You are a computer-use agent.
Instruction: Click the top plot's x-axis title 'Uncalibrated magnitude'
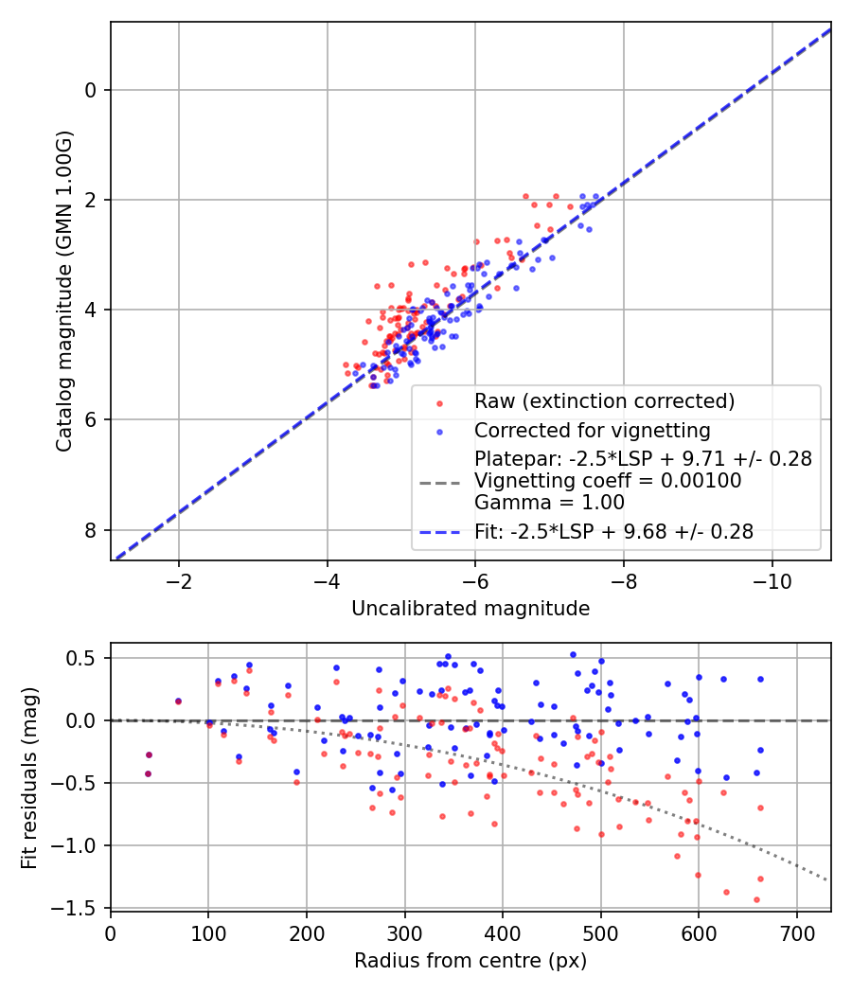[x=470, y=609]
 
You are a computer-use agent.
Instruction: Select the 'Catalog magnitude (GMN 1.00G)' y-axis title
[x=64, y=292]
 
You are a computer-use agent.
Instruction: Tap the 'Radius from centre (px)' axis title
[x=470, y=961]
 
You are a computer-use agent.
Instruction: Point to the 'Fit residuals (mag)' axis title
[x=29, y=778]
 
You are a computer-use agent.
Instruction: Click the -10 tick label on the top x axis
[x=772, y=581]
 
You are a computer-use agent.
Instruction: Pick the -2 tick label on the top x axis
[x=178, y=581]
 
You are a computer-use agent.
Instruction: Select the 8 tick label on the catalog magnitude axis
[x=91, y=530]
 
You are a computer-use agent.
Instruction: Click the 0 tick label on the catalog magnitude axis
[x=91, y=90]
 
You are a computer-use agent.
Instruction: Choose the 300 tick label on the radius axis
[x=404, y=933]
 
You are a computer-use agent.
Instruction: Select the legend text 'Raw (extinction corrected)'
[x=605, y=401]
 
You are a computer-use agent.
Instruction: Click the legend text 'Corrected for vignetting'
[x=593, y=431]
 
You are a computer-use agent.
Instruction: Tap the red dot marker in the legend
[x=439, y=402]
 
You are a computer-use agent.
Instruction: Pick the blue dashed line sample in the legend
[x=439, y=532]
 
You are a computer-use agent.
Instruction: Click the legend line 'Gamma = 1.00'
[x=550, y=503]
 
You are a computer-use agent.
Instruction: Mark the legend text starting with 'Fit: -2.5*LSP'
[x=614, y=531]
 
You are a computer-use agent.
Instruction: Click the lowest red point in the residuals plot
[x=756, y=899]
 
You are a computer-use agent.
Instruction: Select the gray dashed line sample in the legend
[x=439, y=484]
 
